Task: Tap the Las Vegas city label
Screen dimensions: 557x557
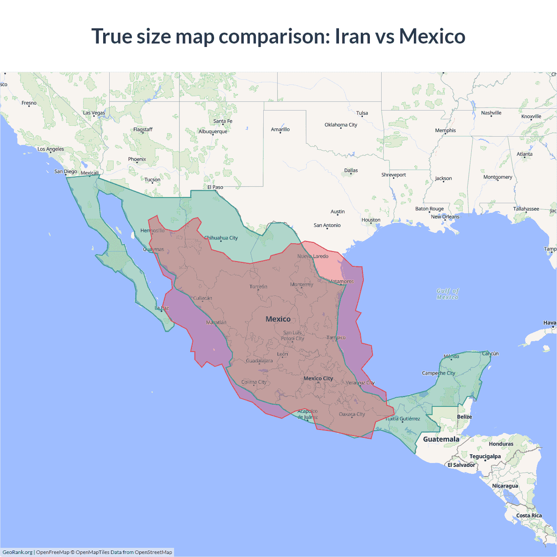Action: (x=94, y=113)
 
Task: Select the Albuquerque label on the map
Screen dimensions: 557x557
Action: (x=213, y=131)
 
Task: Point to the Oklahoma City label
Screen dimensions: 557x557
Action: (x=341, y=125)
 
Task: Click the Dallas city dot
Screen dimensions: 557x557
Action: (x=351, y=174)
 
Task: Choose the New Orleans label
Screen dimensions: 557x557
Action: (x=445, y=217)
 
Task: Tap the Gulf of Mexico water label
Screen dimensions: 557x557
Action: (x=447, y=294)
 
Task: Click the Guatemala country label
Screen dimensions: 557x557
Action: (x=441, y=439)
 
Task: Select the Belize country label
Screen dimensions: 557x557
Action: (x=464, y=417)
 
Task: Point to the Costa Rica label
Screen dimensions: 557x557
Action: (x=529, y=516)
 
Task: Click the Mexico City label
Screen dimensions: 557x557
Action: (x=318, y=379)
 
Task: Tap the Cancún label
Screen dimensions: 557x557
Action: (x=490, y=354)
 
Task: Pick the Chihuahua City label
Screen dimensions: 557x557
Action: (x=221, y=238)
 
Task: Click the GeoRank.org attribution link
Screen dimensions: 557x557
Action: (x=17, y=552)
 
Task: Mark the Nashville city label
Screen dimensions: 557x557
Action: (x=491, y=113)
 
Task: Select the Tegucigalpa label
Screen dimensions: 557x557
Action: (x=485, y=456)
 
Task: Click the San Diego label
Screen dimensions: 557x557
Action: (x=66, y=171)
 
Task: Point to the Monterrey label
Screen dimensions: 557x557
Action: (x=302, y=285)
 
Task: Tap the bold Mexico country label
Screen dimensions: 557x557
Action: (x=278, y=319)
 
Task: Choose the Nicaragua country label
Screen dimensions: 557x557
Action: (x=505, y=486)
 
